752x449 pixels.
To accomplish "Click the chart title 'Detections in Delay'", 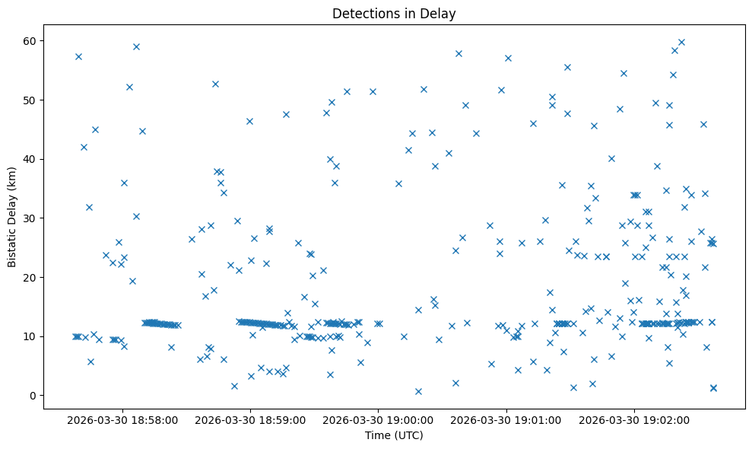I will click(394, 13).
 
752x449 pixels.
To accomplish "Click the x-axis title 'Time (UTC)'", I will click(394, 435).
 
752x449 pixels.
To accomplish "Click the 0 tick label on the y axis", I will click(35, 396).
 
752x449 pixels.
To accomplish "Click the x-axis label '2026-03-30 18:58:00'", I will click(122, 419).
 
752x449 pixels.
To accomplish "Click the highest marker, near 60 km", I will click(681, 42).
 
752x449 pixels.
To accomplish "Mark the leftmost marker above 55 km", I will click(78, 56).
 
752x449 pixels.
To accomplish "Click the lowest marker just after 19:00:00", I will click(418, 391).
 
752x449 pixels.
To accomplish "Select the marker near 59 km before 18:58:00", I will click(136, 46).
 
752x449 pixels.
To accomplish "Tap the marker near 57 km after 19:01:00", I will click(508, 58).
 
